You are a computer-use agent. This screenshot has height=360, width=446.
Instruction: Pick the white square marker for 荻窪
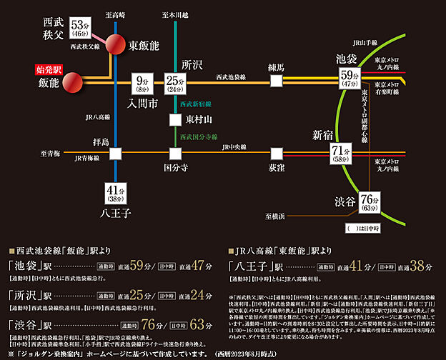276,152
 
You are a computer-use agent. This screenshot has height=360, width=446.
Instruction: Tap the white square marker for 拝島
115,153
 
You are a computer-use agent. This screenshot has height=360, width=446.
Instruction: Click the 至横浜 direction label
277,215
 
